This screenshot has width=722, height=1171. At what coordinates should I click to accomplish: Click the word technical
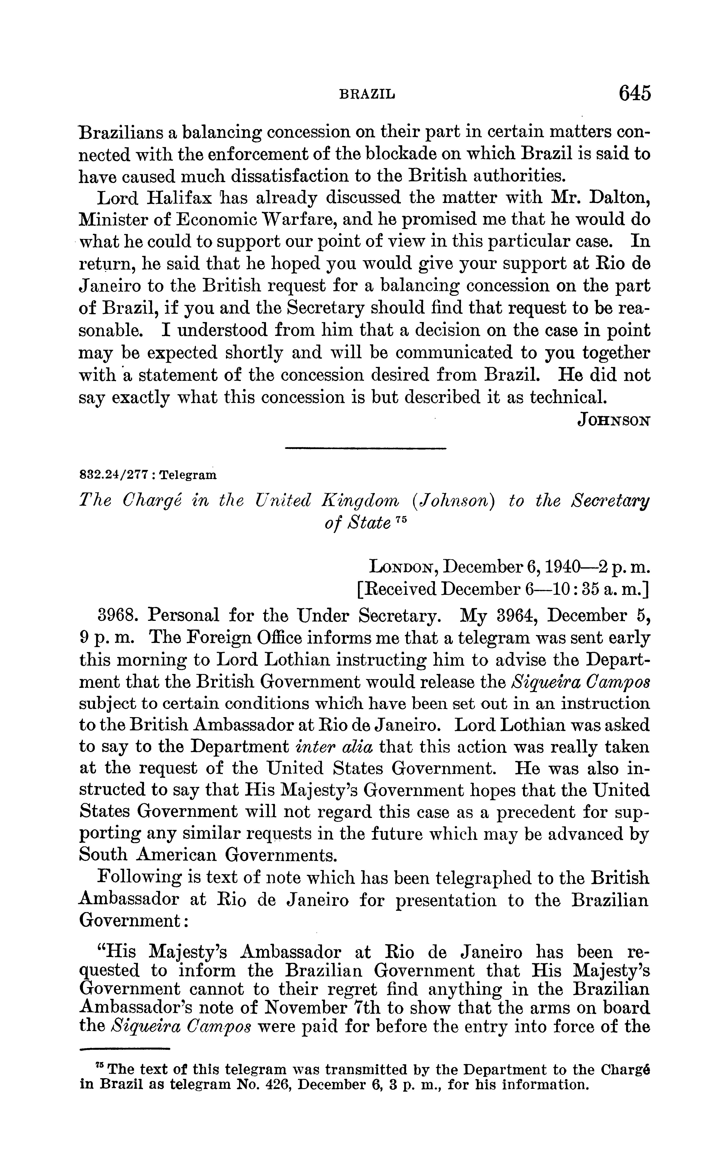(x=562, y=397)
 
